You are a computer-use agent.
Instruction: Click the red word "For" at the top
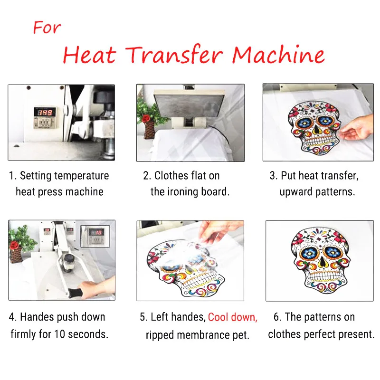[47, 28]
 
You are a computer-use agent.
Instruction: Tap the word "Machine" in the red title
[278, 55]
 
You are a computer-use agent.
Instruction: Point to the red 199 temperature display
[45, 112]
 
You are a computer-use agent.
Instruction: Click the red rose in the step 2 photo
[146, 118]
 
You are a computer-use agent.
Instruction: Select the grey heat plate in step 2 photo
[190, 105]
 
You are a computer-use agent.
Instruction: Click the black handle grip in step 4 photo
[76, 293]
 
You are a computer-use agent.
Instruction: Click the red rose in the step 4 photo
[15, 245]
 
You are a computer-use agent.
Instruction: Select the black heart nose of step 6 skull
[322, 262]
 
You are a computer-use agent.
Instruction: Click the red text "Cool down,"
[233, 317]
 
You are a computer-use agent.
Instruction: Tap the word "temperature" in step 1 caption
[82, 176]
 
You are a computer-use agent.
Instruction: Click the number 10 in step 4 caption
[60, 334]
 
